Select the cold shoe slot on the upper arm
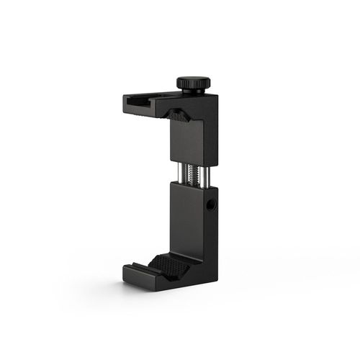144,104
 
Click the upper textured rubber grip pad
178,114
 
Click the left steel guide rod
176,173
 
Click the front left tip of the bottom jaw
126,274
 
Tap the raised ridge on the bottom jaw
155,260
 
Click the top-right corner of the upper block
217,96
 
